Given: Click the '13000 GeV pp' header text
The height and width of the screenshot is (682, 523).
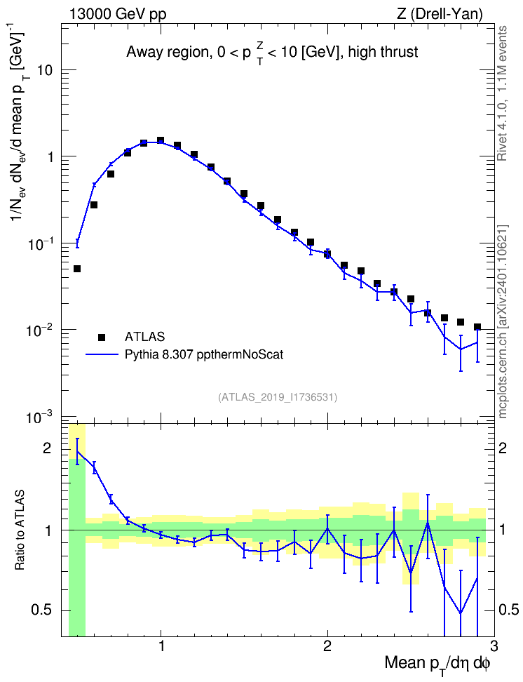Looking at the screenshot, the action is [117, 14].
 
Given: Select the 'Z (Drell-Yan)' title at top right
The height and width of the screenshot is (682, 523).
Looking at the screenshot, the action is [440, 14].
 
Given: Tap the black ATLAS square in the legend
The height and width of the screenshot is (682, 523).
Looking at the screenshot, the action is [102, 337].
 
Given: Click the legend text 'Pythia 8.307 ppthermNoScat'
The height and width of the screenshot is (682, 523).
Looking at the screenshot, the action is [204, 355].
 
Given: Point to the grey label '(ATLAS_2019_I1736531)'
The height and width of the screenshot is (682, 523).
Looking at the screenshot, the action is [278, 397].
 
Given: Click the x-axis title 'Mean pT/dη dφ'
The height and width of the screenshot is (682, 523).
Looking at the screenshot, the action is [437, 663].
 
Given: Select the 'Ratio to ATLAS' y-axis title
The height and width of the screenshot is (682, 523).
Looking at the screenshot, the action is [20, 530].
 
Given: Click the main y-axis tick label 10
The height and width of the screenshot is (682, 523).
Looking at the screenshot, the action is [43, 69].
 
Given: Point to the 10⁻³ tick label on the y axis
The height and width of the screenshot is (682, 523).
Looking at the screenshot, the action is [39, 418].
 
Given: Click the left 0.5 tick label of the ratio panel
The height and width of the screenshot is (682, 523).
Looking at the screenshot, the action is [41, 610].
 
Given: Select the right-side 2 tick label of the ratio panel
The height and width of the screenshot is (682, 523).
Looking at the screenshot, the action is [503, 448].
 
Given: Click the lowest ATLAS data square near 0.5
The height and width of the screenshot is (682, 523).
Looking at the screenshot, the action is [77, 269].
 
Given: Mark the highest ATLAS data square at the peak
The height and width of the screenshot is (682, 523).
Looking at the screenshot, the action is [161, 140].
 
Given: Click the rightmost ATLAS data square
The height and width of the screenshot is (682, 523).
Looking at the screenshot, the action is [477, 327].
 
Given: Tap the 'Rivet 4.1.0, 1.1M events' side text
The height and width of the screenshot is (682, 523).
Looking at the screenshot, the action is [503, 93].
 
